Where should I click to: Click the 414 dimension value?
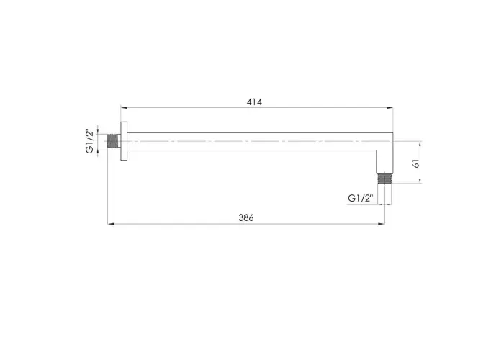click(254, 102)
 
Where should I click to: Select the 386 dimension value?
click(246, 218)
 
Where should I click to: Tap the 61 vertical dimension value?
click(416, 163)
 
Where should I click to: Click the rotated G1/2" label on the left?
click(90, 141)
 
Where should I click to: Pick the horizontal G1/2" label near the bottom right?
click(361, 198)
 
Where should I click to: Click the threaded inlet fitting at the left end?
click(112, 141)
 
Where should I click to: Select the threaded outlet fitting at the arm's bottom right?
click(384, 179)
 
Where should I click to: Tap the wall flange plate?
click(124, 141)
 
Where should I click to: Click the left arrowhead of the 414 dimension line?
click(124, 108)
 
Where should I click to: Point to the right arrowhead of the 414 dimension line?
click(390, 108)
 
